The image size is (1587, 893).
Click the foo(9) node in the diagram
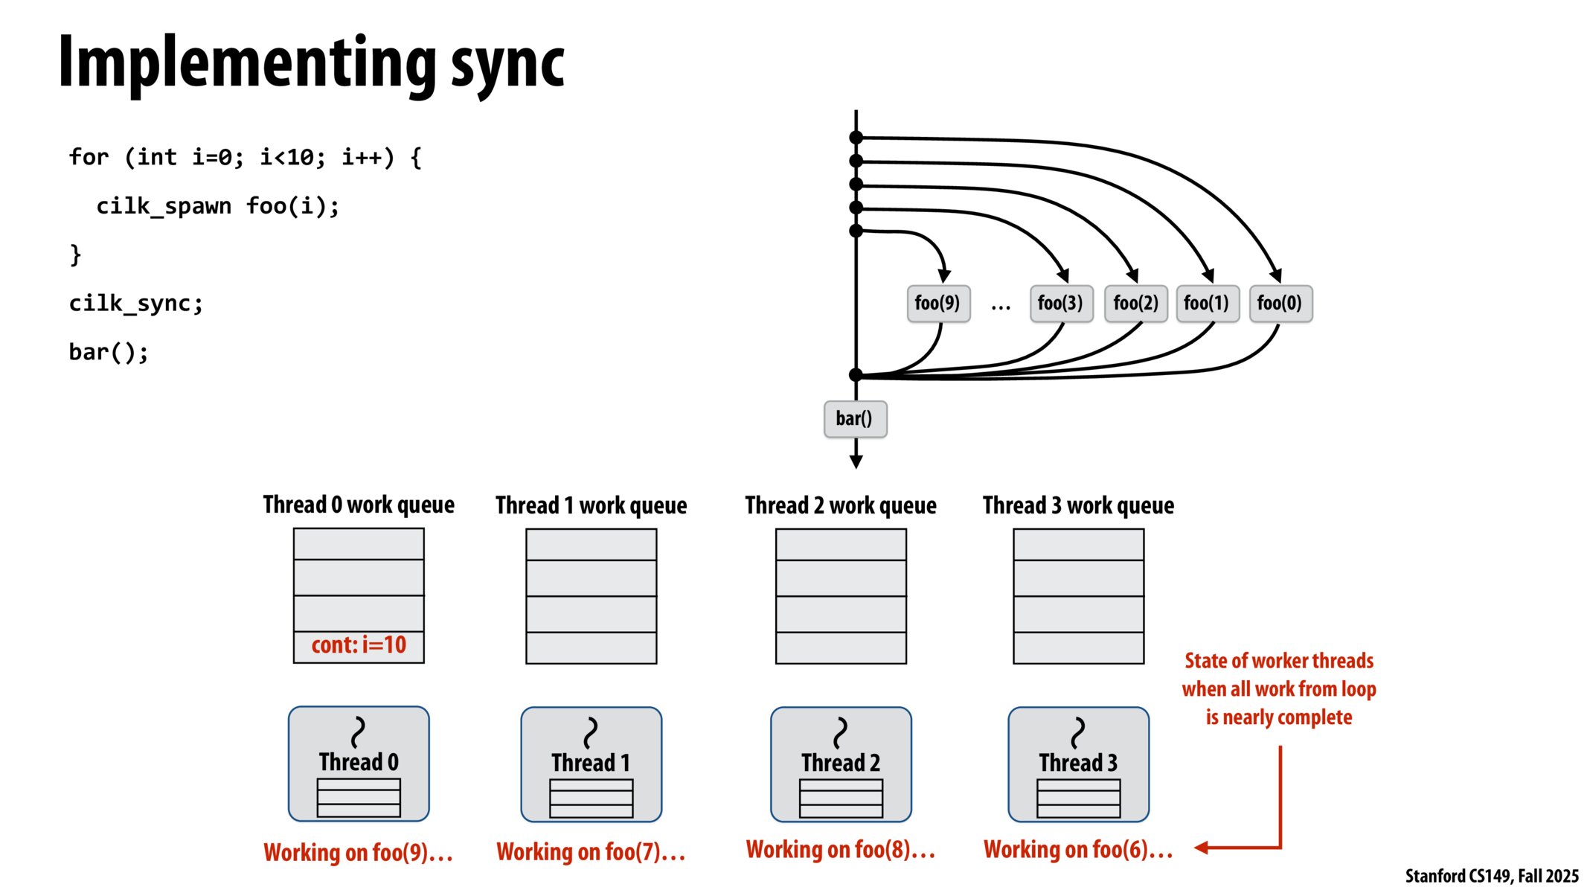click(938, 304)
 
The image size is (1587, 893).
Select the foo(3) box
click(1061, 304)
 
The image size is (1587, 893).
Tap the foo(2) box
click(1135, 304)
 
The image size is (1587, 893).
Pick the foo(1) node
click(1207, 304)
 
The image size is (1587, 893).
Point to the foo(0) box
click(1280, 304)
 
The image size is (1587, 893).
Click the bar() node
click(855, 419)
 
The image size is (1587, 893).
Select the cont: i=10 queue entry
click(359, 645)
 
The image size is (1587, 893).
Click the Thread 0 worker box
click(359, 764)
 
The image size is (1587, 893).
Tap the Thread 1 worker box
click(591, 764)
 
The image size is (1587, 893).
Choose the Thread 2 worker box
click(841, 764)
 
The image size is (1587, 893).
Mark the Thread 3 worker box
click(1078, 764)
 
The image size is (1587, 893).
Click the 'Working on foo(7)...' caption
click(591, 852)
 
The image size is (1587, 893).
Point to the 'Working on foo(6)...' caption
click(1078, 850)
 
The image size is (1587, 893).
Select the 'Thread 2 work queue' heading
click(841, 506)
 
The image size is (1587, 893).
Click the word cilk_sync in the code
click(132, 304)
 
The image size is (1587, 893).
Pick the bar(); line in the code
click(109, 352)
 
